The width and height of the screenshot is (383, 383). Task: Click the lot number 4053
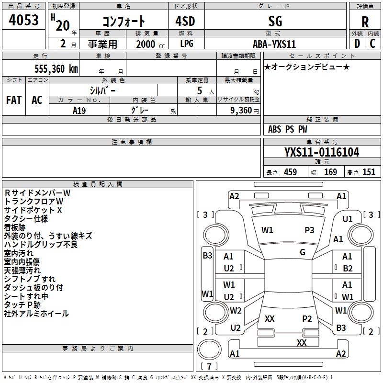coord(24,21)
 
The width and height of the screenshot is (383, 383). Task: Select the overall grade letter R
coord(365,22)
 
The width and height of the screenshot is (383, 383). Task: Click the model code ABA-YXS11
coord(274,44)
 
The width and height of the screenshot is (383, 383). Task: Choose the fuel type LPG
coord(186,44)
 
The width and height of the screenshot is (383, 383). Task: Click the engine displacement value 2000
coord(146,44)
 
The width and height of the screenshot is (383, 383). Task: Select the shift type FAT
coord(13,100)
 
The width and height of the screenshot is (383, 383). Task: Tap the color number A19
coord(79,110)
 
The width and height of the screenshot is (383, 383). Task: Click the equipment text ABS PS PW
coord(287,129)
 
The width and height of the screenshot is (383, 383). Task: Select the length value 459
coord(290,172)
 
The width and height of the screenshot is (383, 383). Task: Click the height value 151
coord(369,172)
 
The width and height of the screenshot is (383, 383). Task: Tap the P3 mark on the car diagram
coord(310,230)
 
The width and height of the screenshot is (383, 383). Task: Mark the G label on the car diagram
coord(303,252)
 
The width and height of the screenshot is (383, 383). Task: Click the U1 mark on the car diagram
coord(348,219)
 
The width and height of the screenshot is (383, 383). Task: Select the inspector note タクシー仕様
coord(26,219)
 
